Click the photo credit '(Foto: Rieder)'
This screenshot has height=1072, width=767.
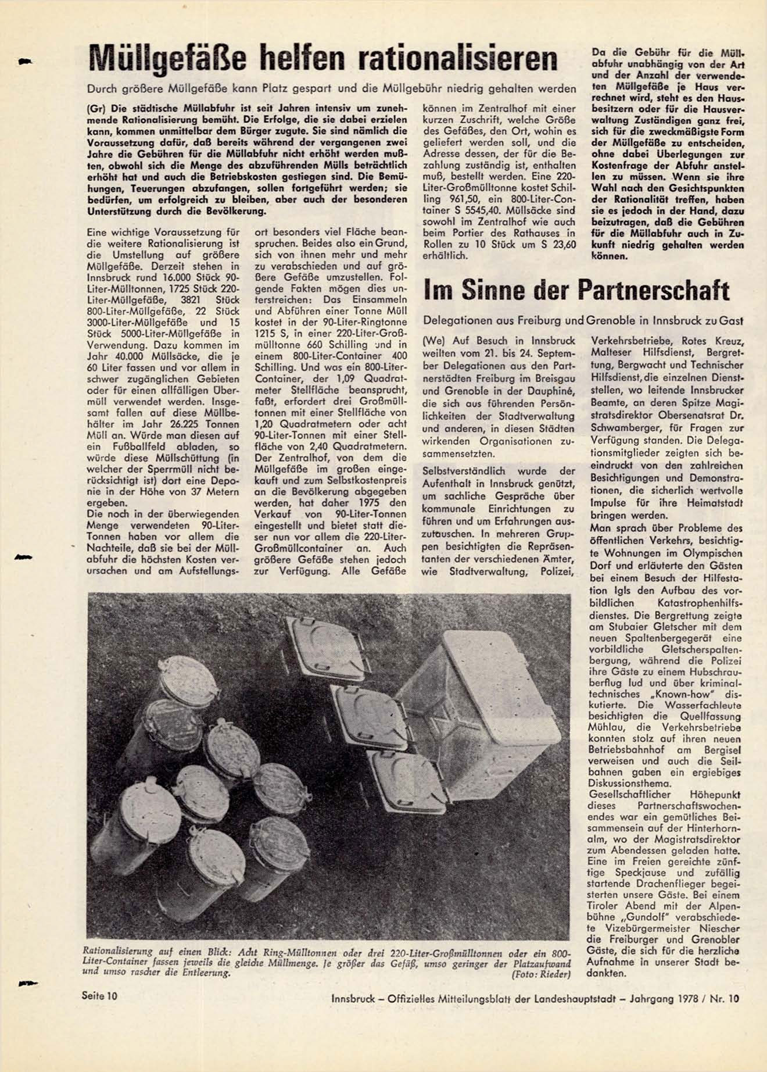point(541,975)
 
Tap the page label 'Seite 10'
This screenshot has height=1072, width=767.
point(99,996)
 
